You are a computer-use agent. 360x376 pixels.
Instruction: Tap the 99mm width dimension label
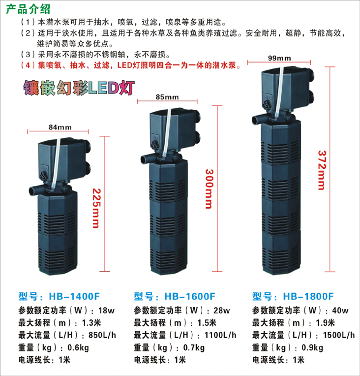tap(278, 58)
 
